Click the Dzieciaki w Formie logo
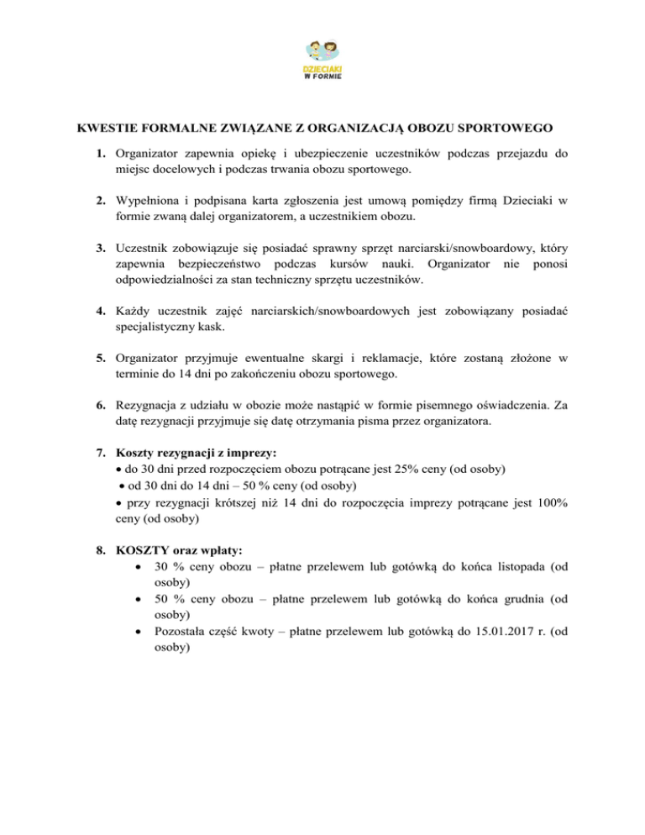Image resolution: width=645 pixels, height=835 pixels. click(322, 58)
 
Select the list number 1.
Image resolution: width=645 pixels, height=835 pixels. click(99, 154)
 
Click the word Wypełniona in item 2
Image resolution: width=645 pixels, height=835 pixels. click(149, 200)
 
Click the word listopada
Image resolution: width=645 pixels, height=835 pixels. click(516, 567)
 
